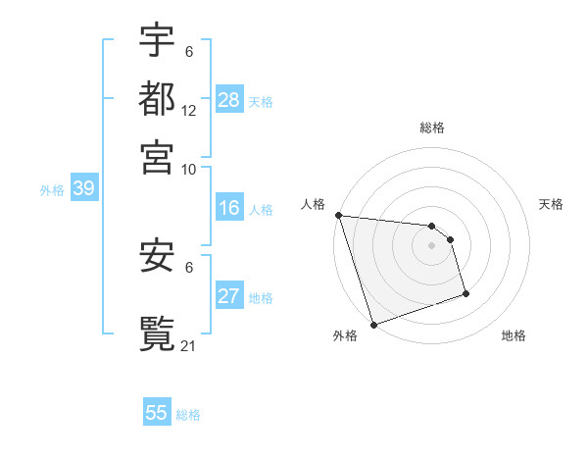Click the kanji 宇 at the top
(x=157, y=42)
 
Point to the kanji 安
(x=157, y=258)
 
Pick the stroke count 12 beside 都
(x=189, y=111)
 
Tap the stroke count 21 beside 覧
(x=189, y=345)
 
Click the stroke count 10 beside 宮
(x=189, y=169)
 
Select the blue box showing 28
(x=228, y=99)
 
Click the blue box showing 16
(x=228, y=208)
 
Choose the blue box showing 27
(x=228, y=297)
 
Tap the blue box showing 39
(x=82, y=189)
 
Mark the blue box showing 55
(x=157, y=413)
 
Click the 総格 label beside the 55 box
(x=188, y=415)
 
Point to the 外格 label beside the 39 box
(x=52, y=190)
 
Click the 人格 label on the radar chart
(x=313, y=204)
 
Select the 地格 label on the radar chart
(x=514, y=336)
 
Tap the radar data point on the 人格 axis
(x=338, y=215)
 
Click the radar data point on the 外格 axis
(x=373, y=325)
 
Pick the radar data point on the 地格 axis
(x=465, y=293)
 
